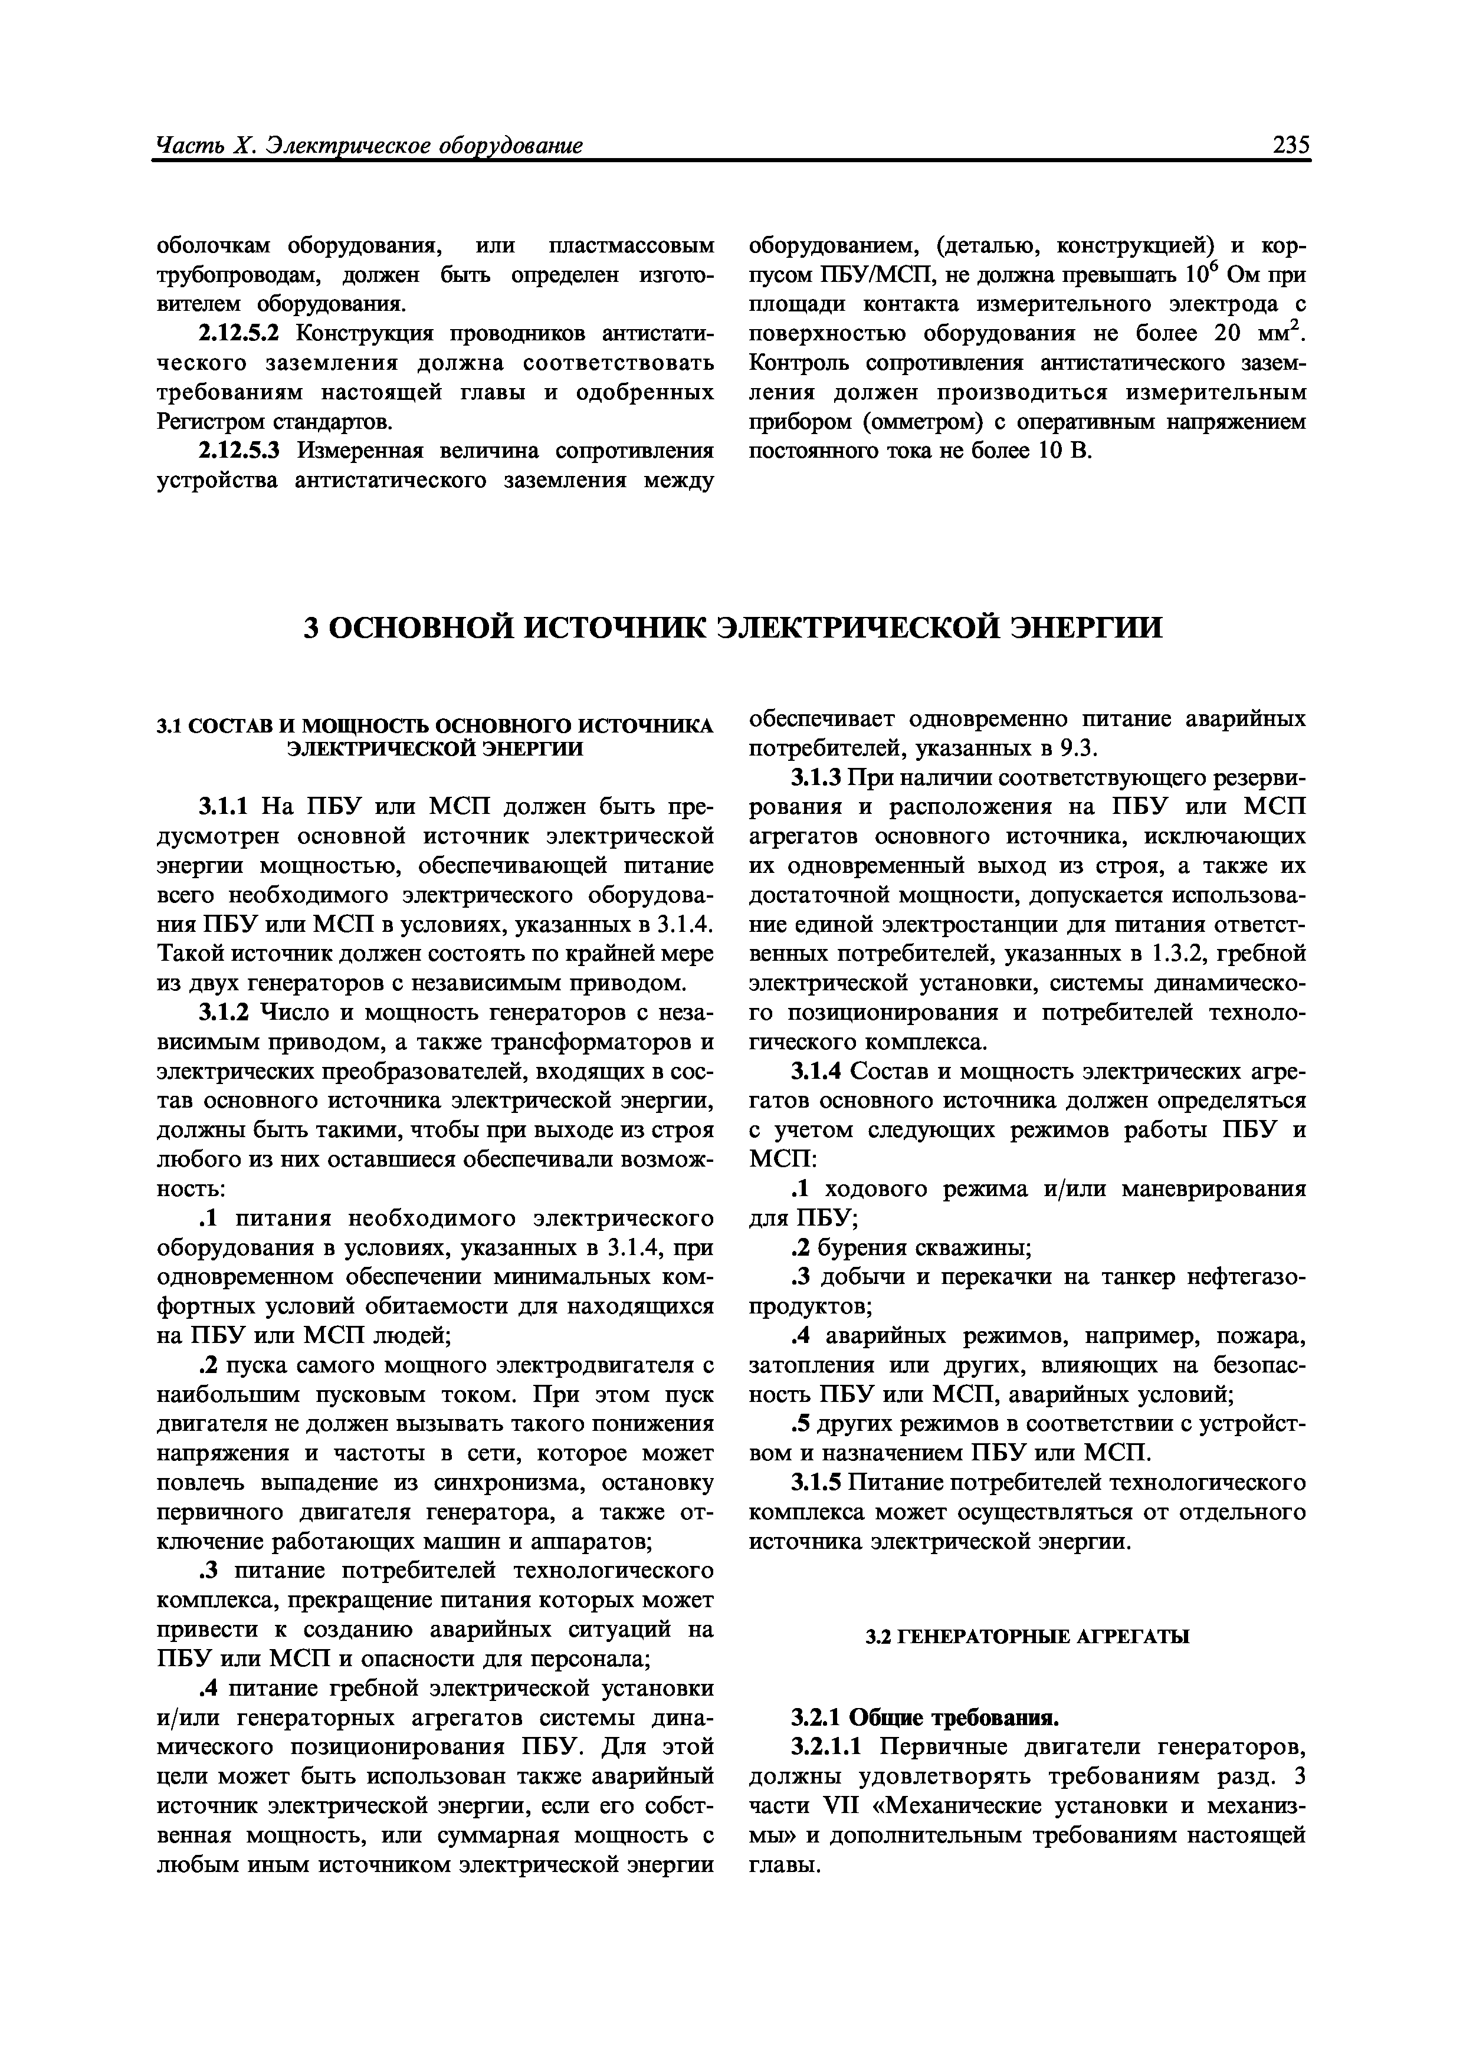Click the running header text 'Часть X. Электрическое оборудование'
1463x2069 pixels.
tap(369, 145)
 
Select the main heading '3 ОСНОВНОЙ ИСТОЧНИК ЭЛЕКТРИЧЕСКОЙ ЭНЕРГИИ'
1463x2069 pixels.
tap(732, 627)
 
